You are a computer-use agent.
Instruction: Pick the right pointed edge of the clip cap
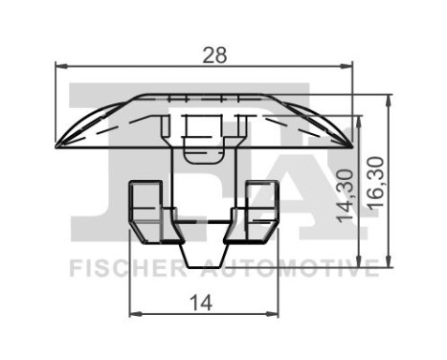pyautogui.click(x=349, y=146)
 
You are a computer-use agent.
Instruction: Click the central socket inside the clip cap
pyautogui.click(x=203, y=129)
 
